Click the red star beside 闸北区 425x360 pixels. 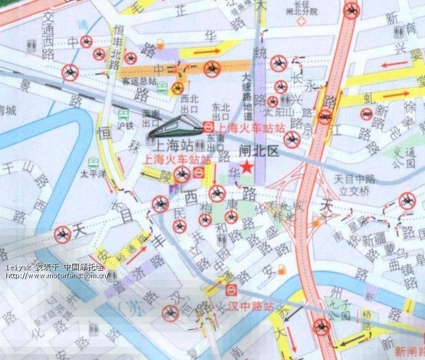click(246, 168)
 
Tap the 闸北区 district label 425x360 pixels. click(259, 152)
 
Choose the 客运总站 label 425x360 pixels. click(139, 81)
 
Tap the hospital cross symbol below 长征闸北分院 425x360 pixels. click(302, 22)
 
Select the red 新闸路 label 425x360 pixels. click(410, 351)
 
